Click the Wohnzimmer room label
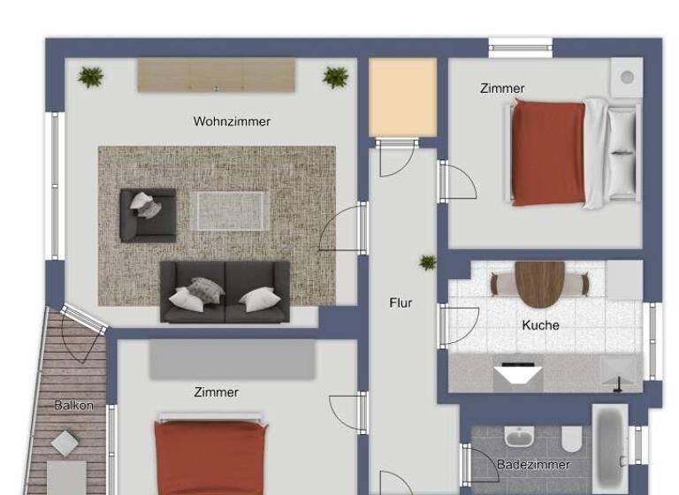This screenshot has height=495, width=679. click(x=232, y=121)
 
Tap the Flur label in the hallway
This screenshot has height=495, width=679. click(x=401, y=302)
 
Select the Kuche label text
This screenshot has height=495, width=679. click(x=540, y=325)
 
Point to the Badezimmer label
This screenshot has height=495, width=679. click(x=533, y=464)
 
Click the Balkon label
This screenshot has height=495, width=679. click(x=73, y=406)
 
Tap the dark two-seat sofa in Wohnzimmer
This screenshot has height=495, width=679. click(x=225, y=291)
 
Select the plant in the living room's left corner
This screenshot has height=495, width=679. click(x=90, y=77)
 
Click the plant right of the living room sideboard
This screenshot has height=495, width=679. click(x=335, y=77)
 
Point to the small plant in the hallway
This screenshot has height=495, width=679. click(x=428, y=262)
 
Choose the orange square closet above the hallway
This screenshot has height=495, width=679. click(x=402, y=97)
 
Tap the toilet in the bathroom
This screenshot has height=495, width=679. click(x=571, y=438)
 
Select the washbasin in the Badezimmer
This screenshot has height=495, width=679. click(x=517, y=437)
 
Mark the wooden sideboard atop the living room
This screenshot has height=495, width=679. click(x=216, y=75)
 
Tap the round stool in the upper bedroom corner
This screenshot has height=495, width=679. click(x=627, y=77)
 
